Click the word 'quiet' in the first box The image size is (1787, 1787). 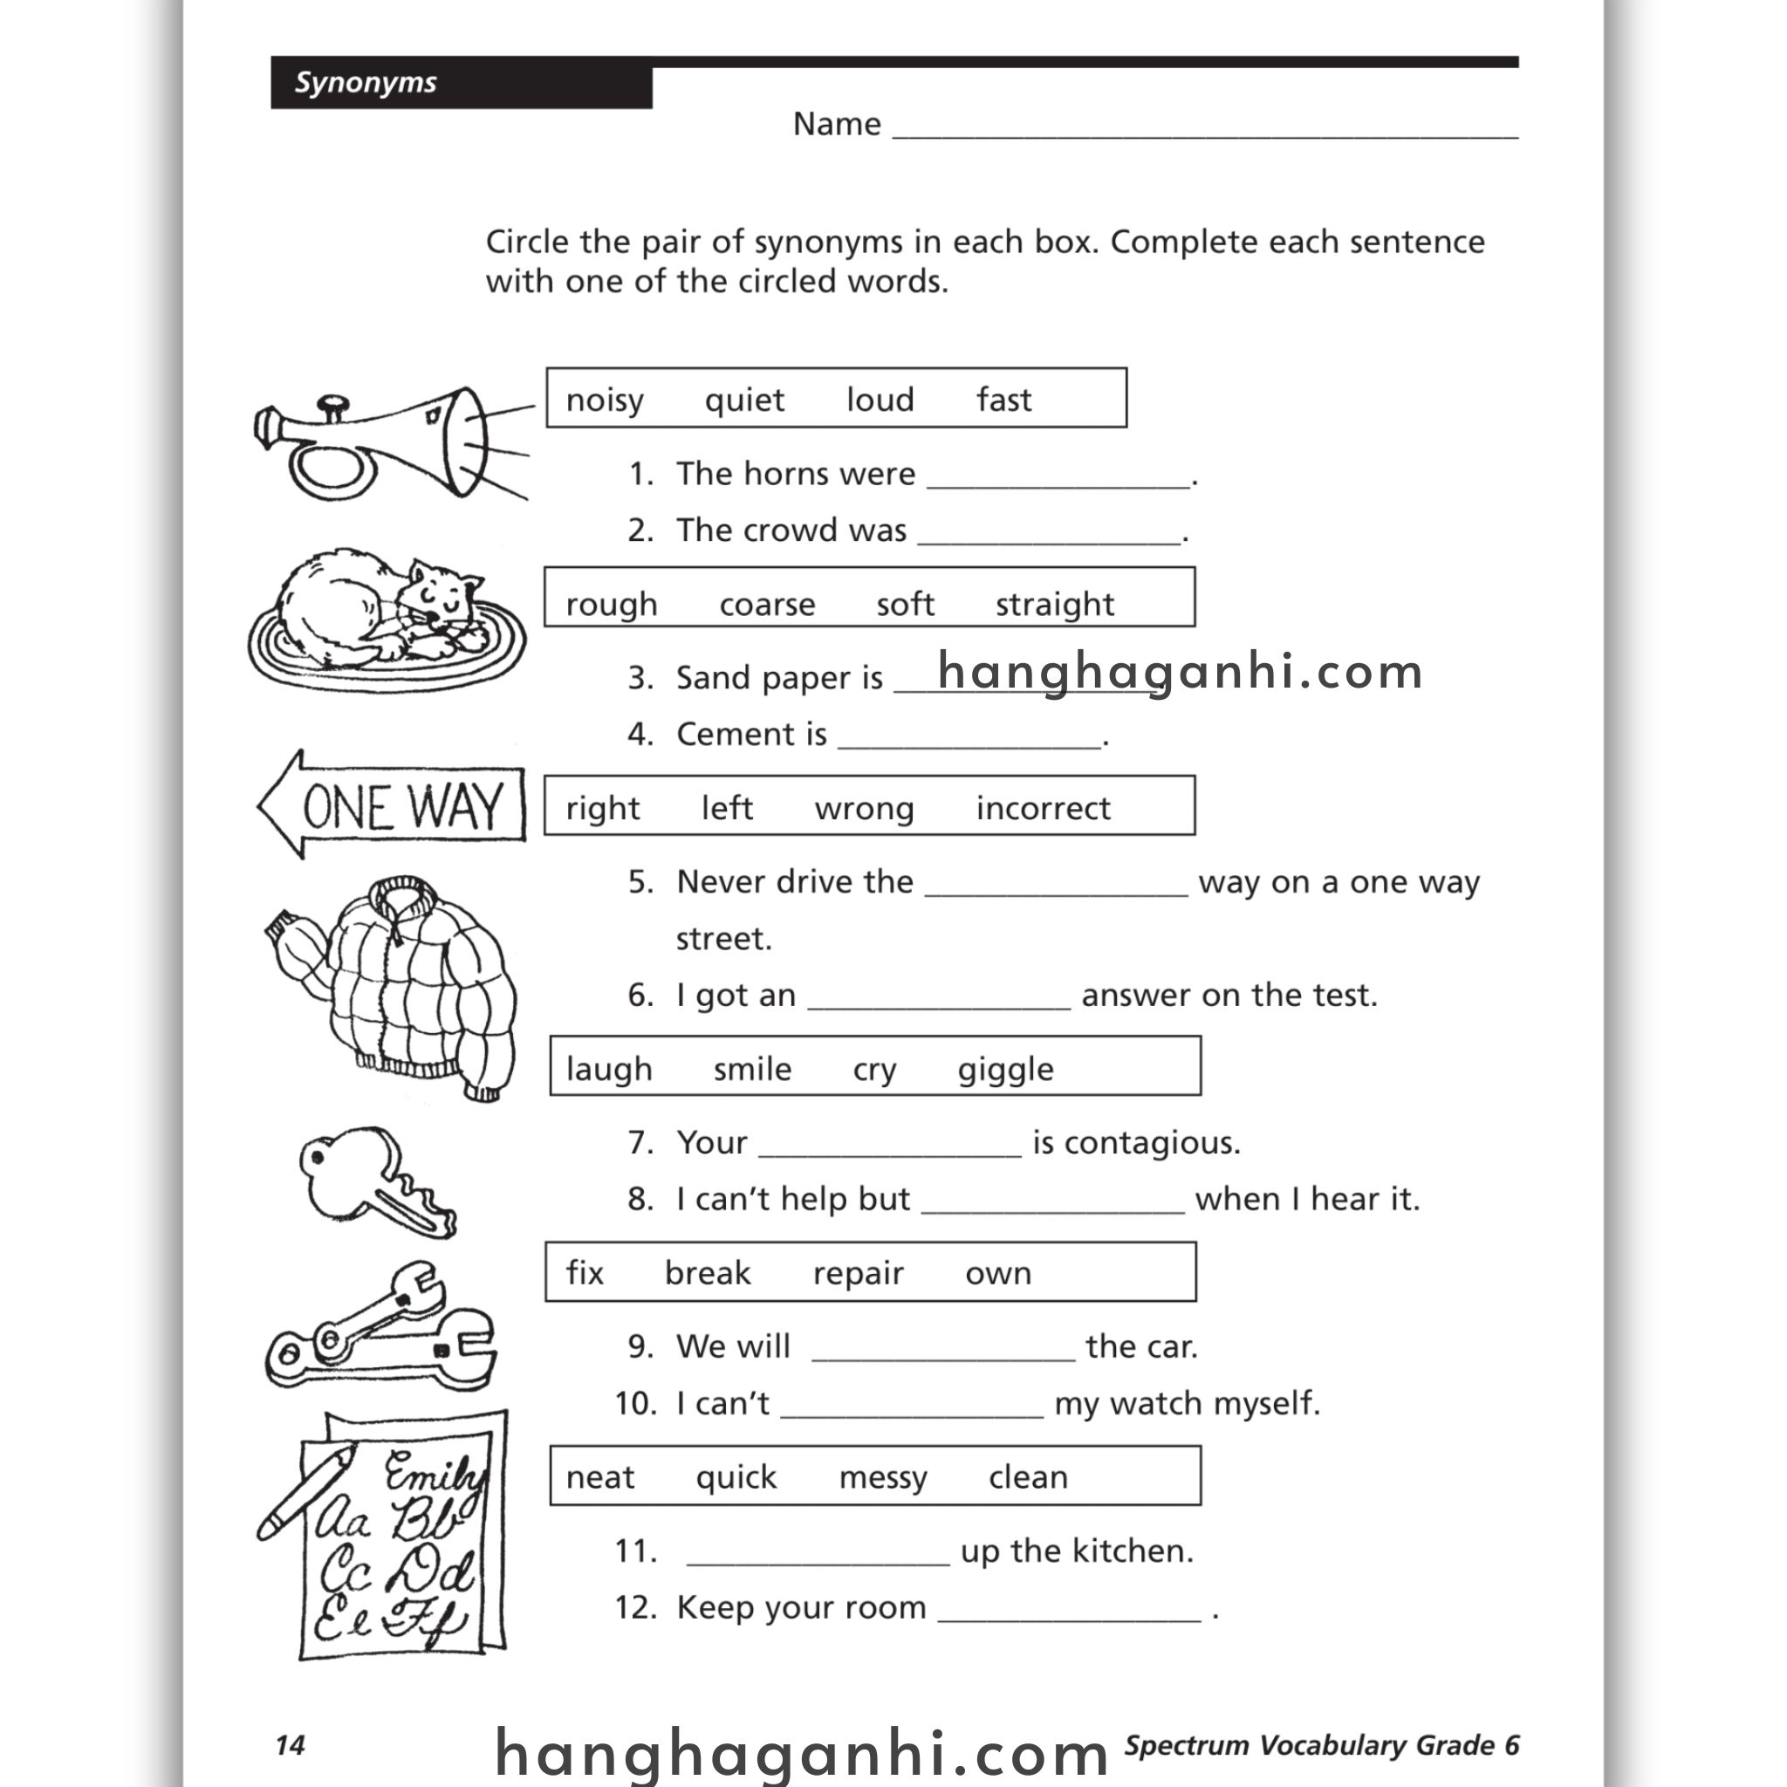(x=743, y=401)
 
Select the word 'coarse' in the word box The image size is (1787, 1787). (x=767, y=605)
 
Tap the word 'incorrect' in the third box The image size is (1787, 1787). (x=1043, y=808)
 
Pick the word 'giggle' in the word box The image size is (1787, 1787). (x=1004, y=1070)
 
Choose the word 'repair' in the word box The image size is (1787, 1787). (x=858, y=1274)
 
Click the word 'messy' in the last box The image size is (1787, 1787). (x=882, y=1478)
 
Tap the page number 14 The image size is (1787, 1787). (x=290, y=1745)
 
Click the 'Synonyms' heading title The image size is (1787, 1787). (x=366, y=82)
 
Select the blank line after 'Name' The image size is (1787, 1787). (x=1202, y=129)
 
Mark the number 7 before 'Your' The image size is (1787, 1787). (x=640, y=1143)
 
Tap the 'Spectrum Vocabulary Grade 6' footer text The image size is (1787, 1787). (x=1321, y=1745)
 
